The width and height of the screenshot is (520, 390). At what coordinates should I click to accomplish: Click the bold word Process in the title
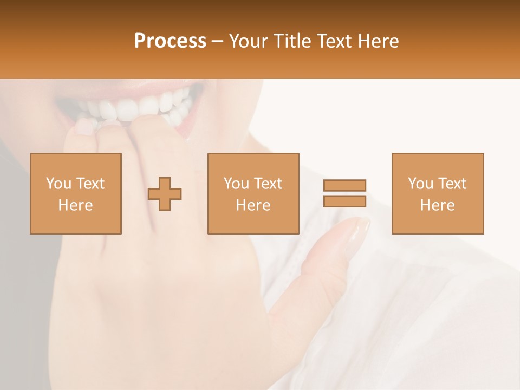[170, 41]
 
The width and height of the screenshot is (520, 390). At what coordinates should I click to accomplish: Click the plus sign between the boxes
[165, 193]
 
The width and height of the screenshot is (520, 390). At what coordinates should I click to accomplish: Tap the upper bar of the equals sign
[344, 185]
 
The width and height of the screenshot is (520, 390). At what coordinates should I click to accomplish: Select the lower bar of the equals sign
[344, 201]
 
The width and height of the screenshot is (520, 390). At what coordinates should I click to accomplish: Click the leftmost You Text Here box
[75, 193]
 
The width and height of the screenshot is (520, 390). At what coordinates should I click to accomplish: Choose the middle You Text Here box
[253, 193]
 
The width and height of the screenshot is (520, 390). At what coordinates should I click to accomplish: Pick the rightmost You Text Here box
[437, 193]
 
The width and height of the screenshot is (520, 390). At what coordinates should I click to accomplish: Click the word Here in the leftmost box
[75, 205]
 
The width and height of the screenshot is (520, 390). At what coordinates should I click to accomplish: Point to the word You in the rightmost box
[420, 184]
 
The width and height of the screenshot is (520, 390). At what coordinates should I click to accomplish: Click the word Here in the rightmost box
[437, 205]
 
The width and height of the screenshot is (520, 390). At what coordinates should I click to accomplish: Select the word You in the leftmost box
[58, 184]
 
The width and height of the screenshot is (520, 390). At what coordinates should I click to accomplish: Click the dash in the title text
[218, 42]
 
